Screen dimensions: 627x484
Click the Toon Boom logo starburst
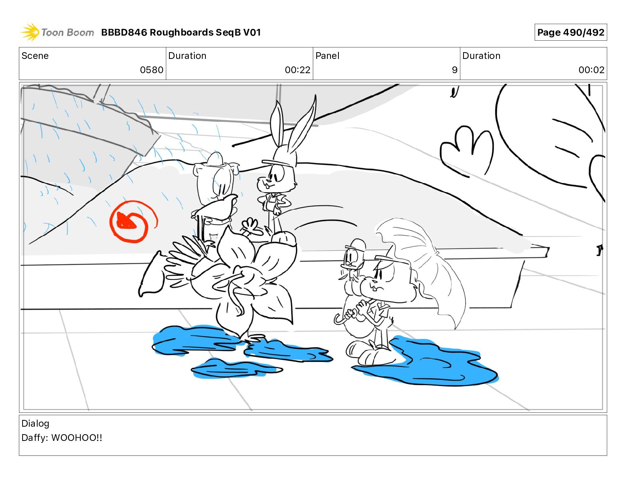click(x=30, y=32)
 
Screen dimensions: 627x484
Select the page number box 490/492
click(x=570, y=32)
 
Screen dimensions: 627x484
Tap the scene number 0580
click(x=152, y=70)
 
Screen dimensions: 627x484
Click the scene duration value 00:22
click(x=298, y=70)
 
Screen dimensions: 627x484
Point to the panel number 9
click(x=454, y=70)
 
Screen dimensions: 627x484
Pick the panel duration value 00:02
click(x=591, y=70)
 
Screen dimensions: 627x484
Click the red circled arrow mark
click(x=133, y=221)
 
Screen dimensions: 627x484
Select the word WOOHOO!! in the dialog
click(x=76, y=438)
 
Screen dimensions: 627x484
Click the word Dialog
click(x=35, y=423)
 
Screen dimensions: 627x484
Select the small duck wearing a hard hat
click(x=351, y=261)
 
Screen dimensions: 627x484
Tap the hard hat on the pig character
click(x=215, y=159)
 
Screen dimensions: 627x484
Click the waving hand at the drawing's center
click(x=251, y=226)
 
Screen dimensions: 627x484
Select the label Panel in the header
click(x=327, y=56)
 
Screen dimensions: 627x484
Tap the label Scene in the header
click(x=35, y=56)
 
